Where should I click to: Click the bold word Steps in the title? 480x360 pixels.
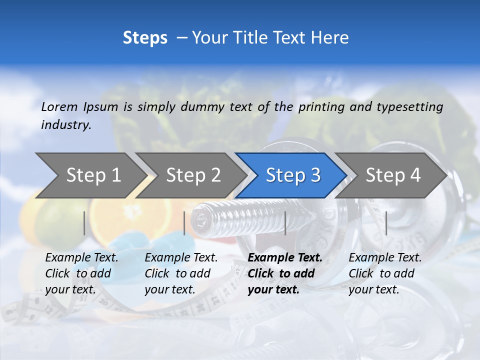[145, 38]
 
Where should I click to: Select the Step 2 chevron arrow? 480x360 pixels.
[193, 175]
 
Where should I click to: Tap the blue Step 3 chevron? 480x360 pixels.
[293, 175]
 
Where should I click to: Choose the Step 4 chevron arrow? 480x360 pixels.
[393, 175]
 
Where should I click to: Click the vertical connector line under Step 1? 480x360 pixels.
[84, 223]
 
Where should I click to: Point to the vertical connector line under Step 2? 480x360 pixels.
[184, 223]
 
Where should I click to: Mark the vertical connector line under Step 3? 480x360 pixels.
[285, 223]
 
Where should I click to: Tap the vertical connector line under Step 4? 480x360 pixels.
[386, 223]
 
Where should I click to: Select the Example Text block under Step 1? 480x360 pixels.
[81, 273]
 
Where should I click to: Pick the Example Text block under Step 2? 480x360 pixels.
[181, 273]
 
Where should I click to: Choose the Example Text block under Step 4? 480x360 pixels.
[385, 273]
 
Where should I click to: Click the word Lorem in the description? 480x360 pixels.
[59, 106]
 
